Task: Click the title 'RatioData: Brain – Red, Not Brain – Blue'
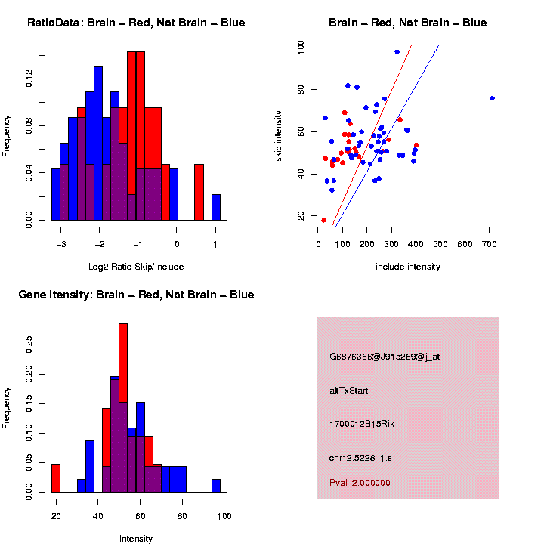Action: (x=136, y=23)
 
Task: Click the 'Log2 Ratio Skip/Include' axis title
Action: (x=135, y=267)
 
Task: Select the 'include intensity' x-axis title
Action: (x=407, y=267)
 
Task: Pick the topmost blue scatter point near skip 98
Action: (x=397, y=52)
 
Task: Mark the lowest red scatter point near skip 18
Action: (x=323, y=220)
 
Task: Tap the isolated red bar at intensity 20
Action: (x=56, y=478)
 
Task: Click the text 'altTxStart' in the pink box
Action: (x=349, y=391)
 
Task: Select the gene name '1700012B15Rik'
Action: (x=362, y=424)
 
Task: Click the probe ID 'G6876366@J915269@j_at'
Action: (x=385, y=357)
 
